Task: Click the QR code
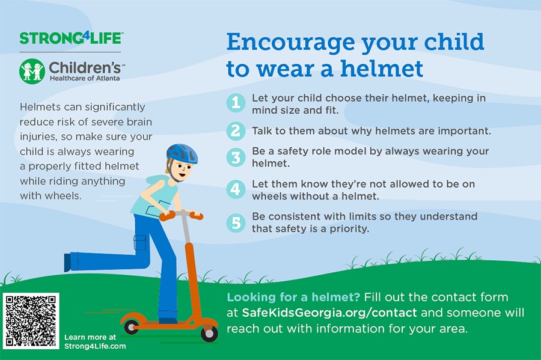[31, 321]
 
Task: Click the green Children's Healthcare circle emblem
[32, 72]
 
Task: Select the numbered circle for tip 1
[236, 102]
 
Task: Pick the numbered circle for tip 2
[236, 130]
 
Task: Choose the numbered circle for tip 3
[236, 157]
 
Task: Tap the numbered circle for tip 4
[236, 189]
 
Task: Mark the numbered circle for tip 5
[236, 222]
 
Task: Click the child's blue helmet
[182, 153]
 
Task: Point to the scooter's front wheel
[209, 333]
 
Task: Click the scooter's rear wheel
[132, 326]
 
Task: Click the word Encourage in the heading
[290, 43]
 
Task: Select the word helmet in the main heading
[382, 69]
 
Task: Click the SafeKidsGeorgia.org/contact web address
[329, 313]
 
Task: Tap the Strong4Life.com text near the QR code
[95, 346]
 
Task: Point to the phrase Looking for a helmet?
[293, 297]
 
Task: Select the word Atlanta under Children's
[108, 78]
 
